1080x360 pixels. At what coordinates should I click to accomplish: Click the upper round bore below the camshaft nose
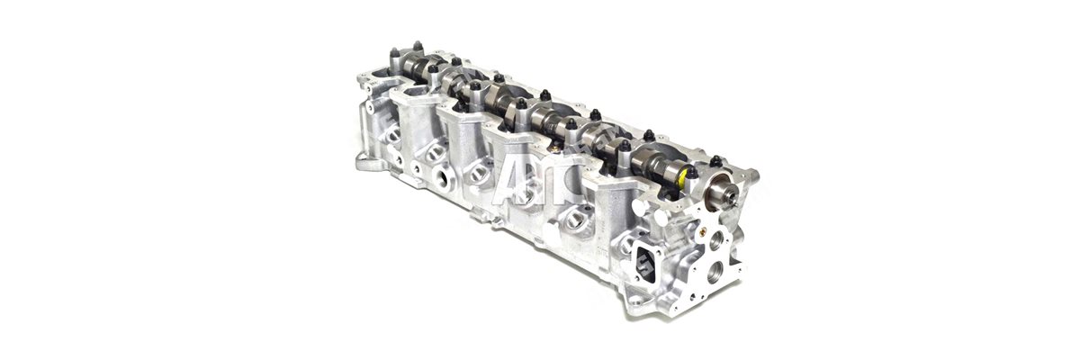click(x=715, y=239)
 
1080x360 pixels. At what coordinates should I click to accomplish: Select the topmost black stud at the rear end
click(x=417, y=45)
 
